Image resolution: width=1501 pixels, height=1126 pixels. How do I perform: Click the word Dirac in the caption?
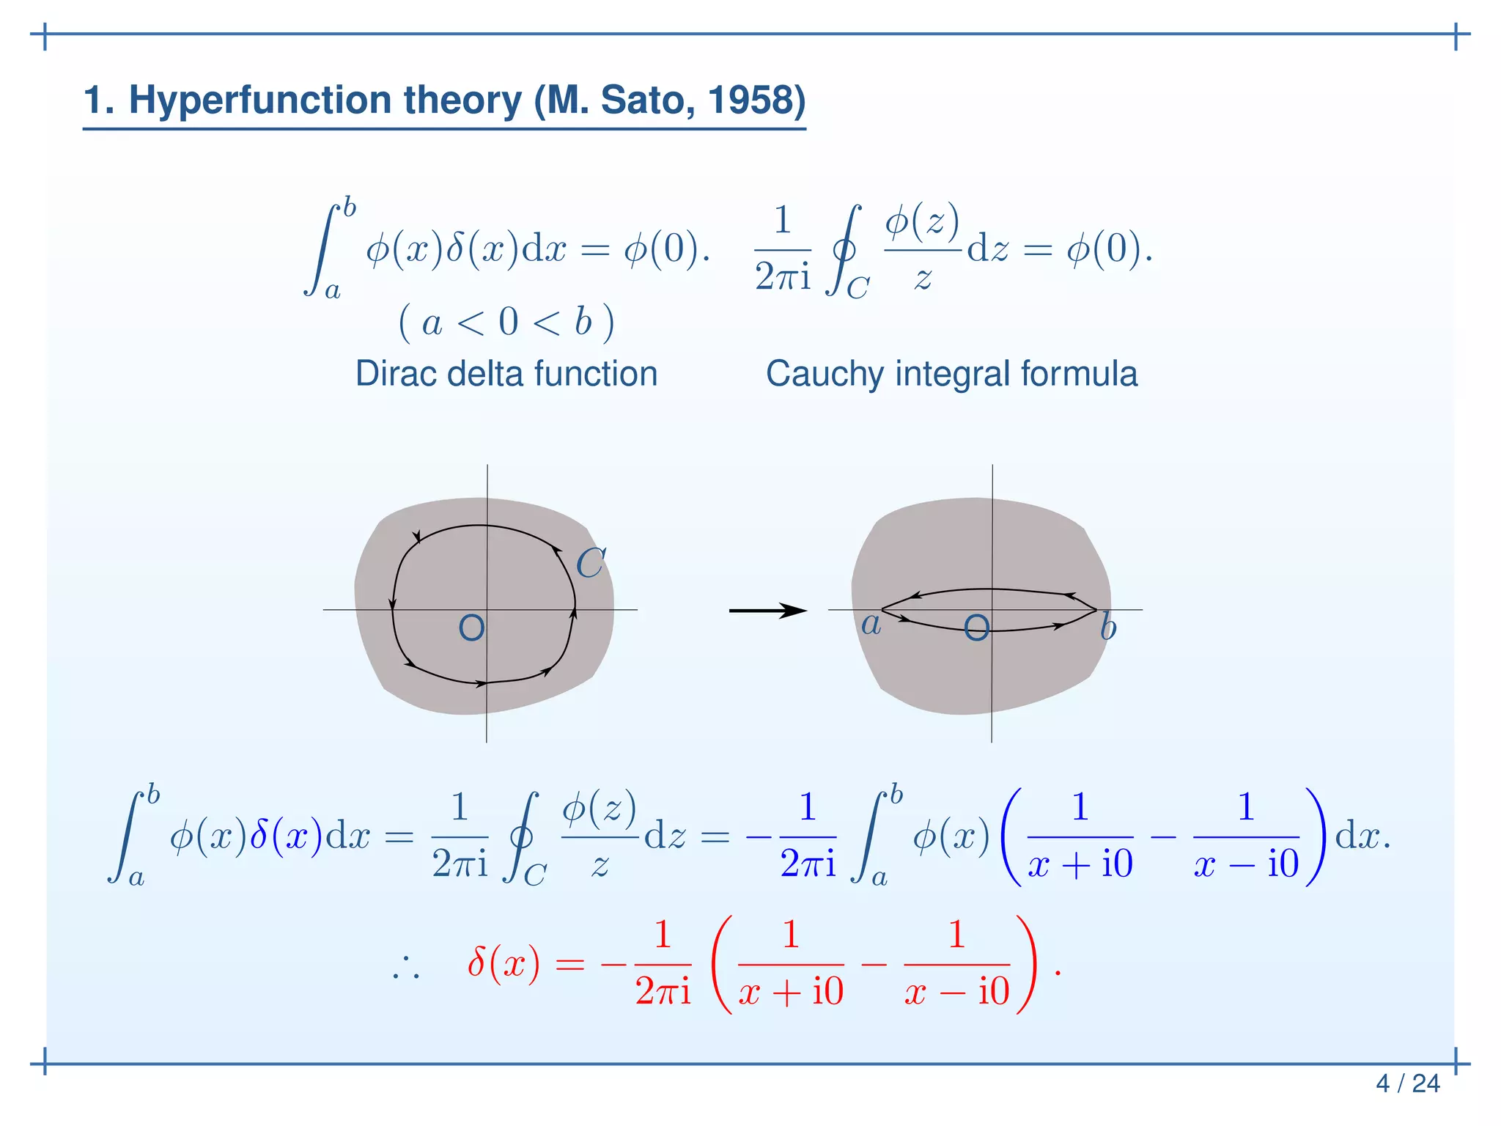click(397, 374)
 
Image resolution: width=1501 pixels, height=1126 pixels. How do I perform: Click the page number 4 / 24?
click(1407, 1083)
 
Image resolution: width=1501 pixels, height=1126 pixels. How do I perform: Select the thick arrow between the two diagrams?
click(767, 611)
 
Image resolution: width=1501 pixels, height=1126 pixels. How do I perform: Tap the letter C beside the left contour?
click(590, 564)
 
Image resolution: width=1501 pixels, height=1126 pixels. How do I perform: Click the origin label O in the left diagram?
click(471, 628)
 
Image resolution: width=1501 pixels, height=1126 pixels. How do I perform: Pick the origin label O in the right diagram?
click(976, 628)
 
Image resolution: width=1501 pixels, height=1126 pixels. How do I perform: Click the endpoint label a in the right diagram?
click(871, 625)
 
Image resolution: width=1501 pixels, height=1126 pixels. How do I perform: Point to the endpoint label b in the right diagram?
click(1107, 628)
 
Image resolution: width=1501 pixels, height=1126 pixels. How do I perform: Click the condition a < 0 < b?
click(506, 323)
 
